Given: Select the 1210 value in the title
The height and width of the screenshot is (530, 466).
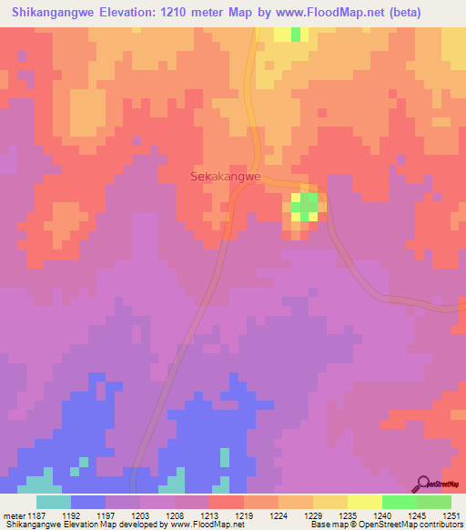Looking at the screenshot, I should (x=198, y=12).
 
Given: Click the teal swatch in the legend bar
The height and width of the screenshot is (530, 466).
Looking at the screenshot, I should (x=53, y=501).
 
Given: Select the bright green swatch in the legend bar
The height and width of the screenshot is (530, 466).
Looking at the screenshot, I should (x=399, y=501).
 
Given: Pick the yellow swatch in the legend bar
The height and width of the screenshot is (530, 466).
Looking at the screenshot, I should (x=364, y=501).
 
